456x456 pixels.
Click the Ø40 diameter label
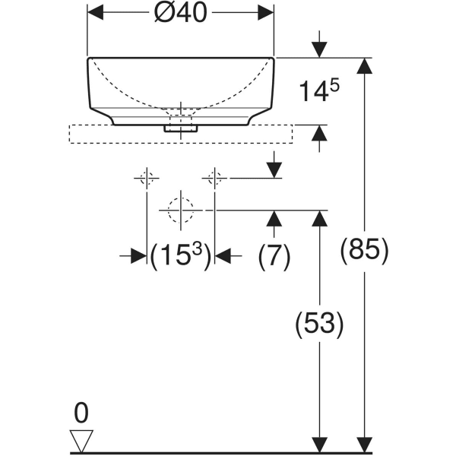181,14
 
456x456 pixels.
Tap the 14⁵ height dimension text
319,91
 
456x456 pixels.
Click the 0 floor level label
81,413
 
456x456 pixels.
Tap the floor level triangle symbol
81,441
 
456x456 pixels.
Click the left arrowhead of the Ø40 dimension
96,12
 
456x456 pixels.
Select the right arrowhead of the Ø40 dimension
266,12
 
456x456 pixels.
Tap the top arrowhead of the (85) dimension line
364,66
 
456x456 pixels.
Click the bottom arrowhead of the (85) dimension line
364,445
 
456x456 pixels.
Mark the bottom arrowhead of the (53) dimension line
320,445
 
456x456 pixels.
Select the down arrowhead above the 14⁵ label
320,49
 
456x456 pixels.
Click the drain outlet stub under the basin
181,128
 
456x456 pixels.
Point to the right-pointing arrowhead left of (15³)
139,256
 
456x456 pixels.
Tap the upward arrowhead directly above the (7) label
274,218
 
